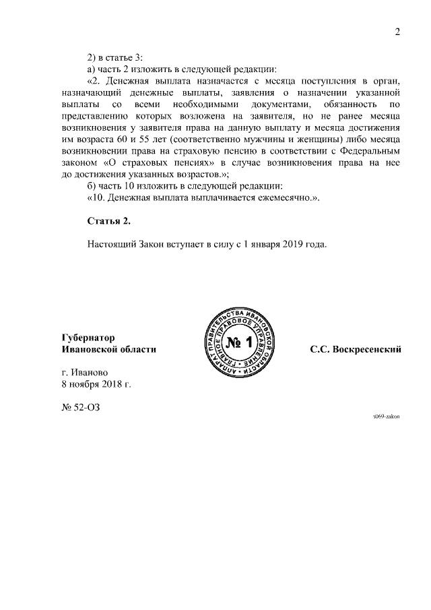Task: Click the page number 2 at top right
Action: [x=397, y=31]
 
